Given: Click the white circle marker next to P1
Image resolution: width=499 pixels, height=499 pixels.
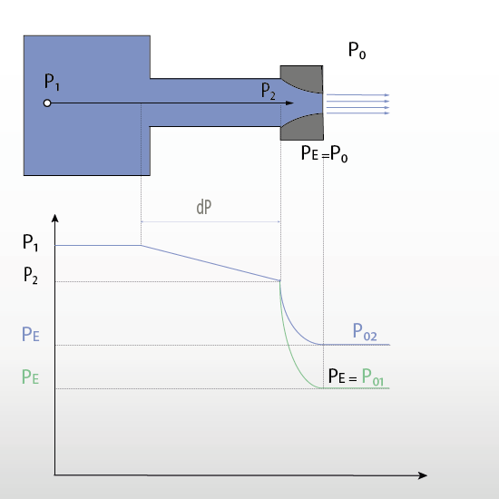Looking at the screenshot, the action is [47, 103].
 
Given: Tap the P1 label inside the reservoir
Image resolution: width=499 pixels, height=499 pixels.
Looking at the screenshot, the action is [52, 82].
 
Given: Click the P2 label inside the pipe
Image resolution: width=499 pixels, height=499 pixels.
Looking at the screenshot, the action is [269, 91].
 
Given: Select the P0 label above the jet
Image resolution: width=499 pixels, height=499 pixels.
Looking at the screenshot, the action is [357, 50].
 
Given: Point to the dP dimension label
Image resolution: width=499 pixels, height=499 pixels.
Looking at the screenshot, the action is [204, 207].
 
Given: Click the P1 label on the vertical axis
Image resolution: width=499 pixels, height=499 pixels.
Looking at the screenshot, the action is [31, 242].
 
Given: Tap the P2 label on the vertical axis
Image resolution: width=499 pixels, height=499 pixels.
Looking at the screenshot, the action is [31, 275].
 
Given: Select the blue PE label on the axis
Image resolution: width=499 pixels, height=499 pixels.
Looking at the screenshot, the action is [31, 335].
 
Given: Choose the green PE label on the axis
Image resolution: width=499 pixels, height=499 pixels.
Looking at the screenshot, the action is [30, 377].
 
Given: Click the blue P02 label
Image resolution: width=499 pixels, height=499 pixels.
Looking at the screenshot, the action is [365, 332].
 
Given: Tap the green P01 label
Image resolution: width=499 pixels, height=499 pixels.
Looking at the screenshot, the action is [373, 377].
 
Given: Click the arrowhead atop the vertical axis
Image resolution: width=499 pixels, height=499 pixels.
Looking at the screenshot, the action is [55, 218].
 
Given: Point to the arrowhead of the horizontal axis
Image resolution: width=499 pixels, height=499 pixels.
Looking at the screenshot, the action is [422, 475].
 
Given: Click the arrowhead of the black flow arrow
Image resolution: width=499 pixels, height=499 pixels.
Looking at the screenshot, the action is [289, 103].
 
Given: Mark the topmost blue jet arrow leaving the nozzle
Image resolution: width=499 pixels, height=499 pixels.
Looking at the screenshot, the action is [358, 95].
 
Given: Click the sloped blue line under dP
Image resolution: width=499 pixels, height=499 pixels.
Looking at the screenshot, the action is [210, 263].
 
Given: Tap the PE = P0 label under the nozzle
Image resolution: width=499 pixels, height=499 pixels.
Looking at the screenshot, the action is [324, 153].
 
